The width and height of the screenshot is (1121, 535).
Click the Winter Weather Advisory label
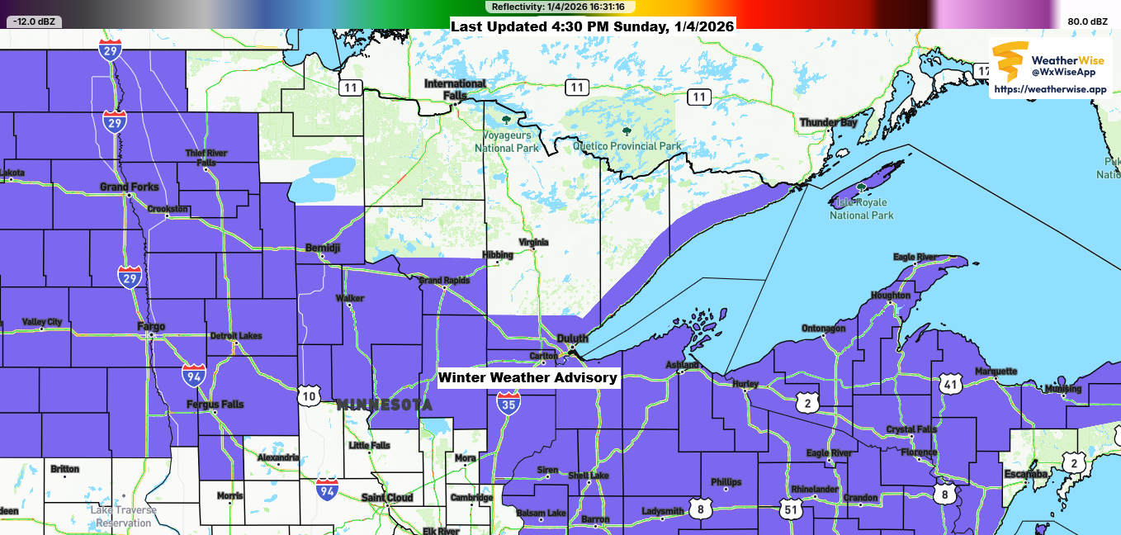527,377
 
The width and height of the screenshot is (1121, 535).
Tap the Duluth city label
572,339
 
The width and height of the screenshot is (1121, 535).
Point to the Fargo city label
151,327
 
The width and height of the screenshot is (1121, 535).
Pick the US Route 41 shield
951,383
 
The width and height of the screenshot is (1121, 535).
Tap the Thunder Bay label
828,123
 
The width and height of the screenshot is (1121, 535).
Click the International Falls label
455,89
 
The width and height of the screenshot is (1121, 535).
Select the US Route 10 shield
310,395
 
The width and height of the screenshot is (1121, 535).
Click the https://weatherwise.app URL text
1050,89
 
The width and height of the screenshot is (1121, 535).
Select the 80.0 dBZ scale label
1087,21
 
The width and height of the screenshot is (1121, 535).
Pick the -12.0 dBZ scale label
33,21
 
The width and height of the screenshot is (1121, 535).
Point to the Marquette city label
996,372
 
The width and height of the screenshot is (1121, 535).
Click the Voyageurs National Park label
506,142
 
